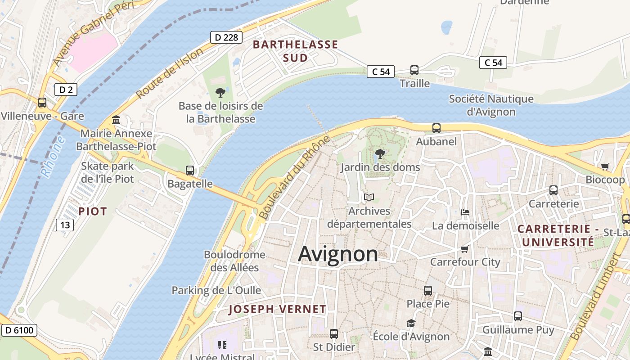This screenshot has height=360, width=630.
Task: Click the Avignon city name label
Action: tap(338, 254)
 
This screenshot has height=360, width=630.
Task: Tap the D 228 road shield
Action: tap(226, 37)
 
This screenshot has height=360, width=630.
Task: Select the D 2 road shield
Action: tap(66, 90)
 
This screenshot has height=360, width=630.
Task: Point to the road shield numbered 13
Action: tap(65, 225)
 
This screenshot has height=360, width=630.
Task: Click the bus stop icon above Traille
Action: tap(414, 70)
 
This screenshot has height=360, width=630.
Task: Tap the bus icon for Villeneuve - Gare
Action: tap(42, 103)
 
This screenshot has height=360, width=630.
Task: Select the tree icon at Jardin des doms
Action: tap(380, 154)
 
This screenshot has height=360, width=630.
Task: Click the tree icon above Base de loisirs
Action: tap(220, 93)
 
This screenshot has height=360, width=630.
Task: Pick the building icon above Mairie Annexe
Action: tap(116, 120)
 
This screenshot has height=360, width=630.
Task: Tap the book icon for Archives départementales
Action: tap(369, 197)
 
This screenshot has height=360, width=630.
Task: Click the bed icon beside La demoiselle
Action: tap(465, 212)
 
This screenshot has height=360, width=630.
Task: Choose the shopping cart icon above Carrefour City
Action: tap(464, 249)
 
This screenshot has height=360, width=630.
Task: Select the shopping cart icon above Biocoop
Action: tap(605, 166)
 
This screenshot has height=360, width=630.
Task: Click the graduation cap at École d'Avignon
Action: tap(411, 323)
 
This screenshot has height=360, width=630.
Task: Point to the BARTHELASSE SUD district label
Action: tap(295, 51)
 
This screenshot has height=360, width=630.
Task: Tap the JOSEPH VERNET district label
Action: tap(277, 309)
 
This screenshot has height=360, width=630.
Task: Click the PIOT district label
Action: tap(93, 211)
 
